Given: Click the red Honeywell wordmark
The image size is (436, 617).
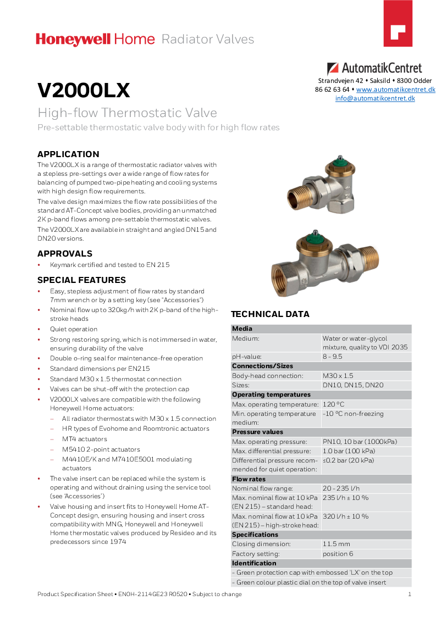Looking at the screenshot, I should coord(73,39).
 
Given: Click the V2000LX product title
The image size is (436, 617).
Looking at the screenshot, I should coord(84,91).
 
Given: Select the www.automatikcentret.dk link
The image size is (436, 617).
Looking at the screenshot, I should coord(395,90).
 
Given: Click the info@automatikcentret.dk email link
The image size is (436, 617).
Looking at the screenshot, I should coord(375,98).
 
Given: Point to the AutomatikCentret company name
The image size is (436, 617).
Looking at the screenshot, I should coord(382,69).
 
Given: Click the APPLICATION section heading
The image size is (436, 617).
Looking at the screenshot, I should coord(68,154).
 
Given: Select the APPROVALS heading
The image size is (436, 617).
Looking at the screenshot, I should coord(65,254).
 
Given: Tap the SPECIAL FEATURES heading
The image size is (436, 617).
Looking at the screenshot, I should coord(81,280).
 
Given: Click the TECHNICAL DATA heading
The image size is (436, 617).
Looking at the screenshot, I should coord(270,314).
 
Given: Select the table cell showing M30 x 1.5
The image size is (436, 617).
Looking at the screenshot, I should coord(338,376).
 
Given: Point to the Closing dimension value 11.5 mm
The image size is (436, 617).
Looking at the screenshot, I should coord(336,544).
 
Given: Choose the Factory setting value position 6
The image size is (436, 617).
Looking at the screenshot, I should coord(338,554).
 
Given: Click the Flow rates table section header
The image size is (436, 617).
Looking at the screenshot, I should coord(249,479).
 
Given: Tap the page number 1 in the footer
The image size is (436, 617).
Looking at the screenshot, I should coord(410,594).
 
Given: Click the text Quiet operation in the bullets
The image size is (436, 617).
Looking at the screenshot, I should coord(74,329).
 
